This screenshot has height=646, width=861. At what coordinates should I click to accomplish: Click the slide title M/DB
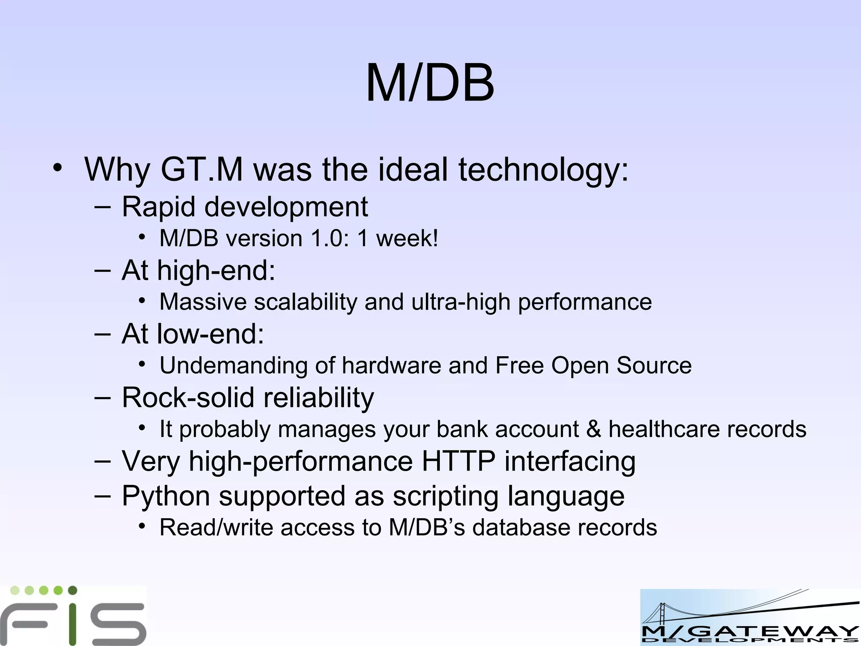(430, 83)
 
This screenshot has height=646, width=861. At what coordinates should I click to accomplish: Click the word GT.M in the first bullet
(202, 169)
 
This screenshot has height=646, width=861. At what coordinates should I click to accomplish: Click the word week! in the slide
(407, 238)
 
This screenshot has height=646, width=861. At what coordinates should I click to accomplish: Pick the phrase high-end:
(216, 270)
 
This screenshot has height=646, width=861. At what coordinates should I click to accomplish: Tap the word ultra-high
(460, 302)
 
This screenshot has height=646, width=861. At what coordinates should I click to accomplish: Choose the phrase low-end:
(210, 334)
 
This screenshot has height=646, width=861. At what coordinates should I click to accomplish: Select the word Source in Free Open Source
(654, 365)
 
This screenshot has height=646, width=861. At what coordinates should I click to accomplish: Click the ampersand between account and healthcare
(594, 429)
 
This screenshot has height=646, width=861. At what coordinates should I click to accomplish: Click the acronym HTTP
(458, 461)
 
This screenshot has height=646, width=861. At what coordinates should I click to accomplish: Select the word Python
(166, 496)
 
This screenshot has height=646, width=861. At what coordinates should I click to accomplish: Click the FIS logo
(73, 616)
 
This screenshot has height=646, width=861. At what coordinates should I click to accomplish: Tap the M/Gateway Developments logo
(750, 617)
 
